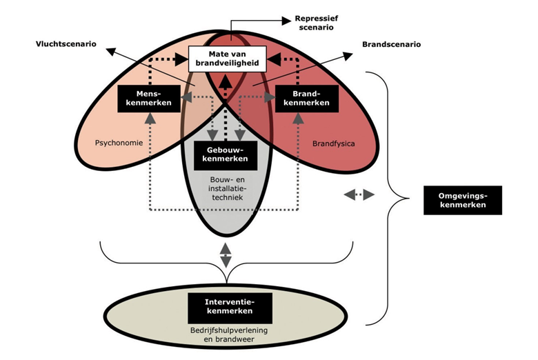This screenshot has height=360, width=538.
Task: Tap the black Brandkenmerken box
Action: tap(303, 98)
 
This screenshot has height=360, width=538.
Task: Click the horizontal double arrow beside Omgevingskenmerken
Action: tap(359, 196)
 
